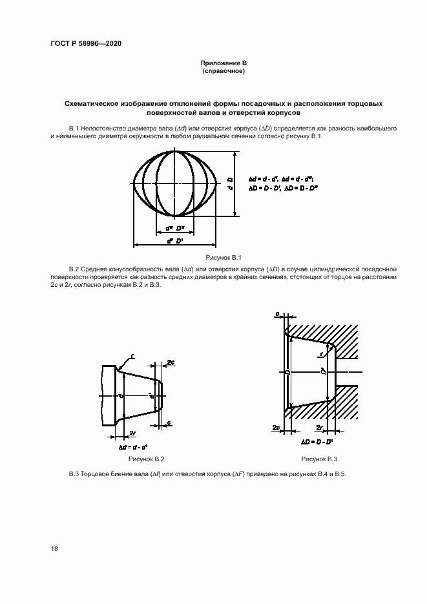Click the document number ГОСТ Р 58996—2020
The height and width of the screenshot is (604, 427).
[86, 43]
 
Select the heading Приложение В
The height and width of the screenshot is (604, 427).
[224, 63]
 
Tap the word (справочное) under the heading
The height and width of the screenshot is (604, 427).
[224, 70]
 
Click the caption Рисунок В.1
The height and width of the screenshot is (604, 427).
[224, 257]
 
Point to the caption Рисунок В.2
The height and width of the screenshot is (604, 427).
[147, 459]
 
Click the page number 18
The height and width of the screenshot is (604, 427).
[55, 548]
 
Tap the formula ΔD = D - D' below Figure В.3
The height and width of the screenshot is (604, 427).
[317, 442]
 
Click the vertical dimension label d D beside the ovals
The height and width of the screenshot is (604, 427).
[231, 184]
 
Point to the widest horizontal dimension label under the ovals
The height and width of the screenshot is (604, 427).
[174, 240]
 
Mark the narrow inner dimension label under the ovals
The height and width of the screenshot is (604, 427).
[175, 227]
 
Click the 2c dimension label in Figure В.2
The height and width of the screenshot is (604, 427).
[171, 362]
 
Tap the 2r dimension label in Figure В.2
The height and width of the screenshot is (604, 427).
[132, 433]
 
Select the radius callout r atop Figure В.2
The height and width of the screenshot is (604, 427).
[132, 355]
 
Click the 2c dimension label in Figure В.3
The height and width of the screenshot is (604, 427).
[275, 428]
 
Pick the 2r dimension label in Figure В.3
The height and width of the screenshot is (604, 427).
[319, 428]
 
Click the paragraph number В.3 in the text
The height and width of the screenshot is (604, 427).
[74, 475]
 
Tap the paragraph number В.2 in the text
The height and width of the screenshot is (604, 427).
[74, 268]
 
